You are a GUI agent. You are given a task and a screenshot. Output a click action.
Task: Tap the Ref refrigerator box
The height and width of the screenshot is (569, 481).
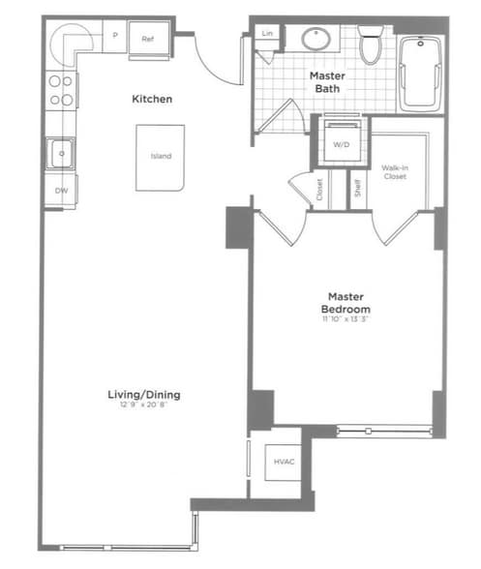point(148,40)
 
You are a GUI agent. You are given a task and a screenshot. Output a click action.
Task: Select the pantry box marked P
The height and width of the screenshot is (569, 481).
point(115,38)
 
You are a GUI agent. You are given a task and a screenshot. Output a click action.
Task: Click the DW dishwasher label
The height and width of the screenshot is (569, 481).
point(60,191)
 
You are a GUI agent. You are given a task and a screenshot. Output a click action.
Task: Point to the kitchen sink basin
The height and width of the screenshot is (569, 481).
point(59,152)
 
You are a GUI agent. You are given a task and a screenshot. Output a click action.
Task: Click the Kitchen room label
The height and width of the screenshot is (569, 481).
point(153,99)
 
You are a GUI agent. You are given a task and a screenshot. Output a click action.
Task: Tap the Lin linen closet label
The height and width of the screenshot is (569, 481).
point(265,34)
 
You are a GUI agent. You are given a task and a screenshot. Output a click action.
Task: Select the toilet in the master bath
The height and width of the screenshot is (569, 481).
point(370,45)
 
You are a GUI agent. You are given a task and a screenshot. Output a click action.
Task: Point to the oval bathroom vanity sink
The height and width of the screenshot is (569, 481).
point(316,40)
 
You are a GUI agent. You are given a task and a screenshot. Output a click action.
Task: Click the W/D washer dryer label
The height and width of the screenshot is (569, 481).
point(341,145)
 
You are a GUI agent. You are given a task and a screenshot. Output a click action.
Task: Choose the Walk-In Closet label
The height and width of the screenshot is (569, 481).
point(394,172)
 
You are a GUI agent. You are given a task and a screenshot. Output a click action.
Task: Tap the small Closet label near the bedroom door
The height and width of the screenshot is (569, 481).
point(319,190)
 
